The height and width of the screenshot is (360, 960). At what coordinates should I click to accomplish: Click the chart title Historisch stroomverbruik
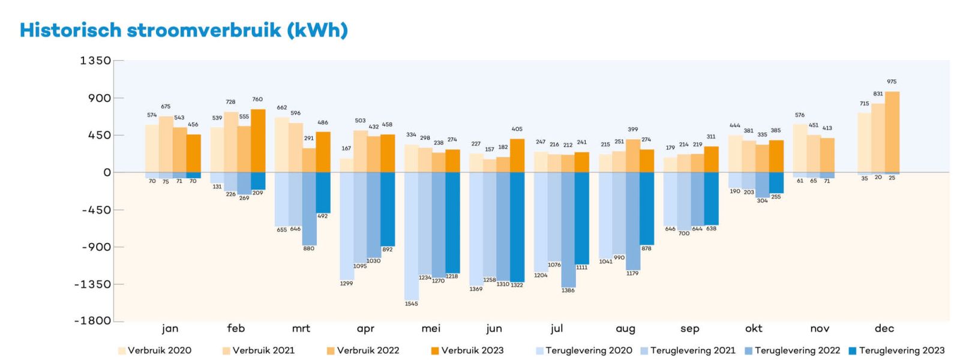coord(184,30)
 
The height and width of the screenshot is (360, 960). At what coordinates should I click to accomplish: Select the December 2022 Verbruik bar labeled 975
coord(892,132)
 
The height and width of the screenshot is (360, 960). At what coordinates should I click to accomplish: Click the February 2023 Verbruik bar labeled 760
coord(258,140)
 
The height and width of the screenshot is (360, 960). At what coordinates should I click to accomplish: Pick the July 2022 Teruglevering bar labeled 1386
coord(568,229)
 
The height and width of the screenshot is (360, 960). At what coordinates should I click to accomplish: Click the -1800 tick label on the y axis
coord(92,320)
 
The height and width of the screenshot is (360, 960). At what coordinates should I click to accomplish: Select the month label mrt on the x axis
coord(301,328)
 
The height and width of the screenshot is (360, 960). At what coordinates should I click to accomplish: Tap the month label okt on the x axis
coord(754,328)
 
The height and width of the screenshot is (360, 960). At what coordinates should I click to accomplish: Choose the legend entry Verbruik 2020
coord(155,350)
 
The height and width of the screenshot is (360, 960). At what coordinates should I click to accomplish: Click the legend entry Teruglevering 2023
coord(896,350)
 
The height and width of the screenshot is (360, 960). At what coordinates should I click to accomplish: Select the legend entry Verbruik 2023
coord(467,350)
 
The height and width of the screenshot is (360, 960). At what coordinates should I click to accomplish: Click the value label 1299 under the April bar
coord(346,283)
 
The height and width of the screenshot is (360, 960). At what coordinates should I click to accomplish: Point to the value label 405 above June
coord(517,129)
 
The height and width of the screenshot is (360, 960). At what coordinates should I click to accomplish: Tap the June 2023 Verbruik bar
coord(517,155)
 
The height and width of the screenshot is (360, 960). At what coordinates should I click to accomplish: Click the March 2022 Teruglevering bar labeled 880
coord(309,208)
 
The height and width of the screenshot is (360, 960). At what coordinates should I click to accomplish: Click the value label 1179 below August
coord(632,273)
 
